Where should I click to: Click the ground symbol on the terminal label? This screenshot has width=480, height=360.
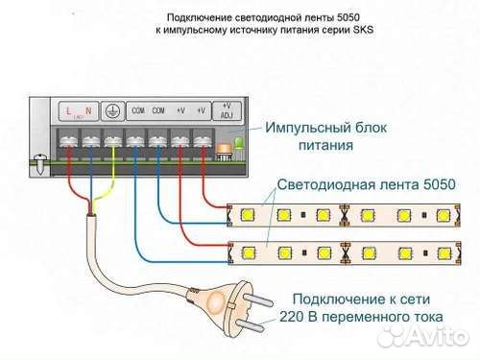pyautogui.click(x=112, y=110)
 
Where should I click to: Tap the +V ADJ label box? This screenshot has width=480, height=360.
pyautogui.click(x=227, y=110)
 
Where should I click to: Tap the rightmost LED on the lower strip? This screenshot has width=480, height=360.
pyautogui.click(x=449, y=255)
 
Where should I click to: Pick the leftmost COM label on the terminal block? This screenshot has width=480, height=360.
pyautogui.click(x=137, y=110)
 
